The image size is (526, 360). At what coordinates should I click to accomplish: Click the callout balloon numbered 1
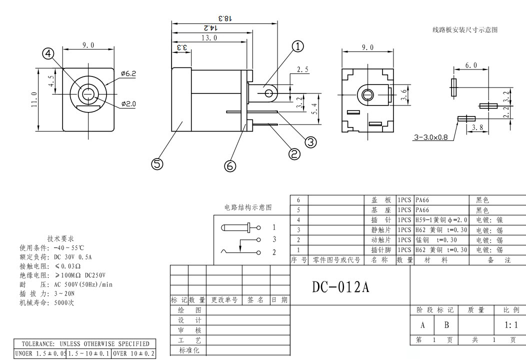pyautogui.click(x=297, y=46)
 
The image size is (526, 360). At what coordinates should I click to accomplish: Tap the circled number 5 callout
pyautogui.click(x=157, y=163)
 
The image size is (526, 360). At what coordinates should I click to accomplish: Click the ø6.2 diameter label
pyautogui.click(x=128, y=73)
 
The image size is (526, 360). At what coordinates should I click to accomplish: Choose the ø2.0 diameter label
pyautogui.click(x=128, y=104)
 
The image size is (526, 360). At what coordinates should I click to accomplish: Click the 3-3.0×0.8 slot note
pyautogui.click(x=431, y=136)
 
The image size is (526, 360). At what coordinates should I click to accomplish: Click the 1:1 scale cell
pyautogui.click(x=511, y=325)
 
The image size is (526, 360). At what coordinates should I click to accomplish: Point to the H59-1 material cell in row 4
pyautogui.click(x=441, y=219)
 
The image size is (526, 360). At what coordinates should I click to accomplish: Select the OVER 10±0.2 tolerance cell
pyautogui.click(x=133, y=353)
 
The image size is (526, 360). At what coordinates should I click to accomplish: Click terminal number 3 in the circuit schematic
pyautogui.click(x=274, y=239)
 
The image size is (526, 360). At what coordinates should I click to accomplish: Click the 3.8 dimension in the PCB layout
pyautogui.click(x=477, y=127)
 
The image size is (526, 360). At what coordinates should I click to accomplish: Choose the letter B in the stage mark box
pyautogui.click(x=446, y=325)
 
